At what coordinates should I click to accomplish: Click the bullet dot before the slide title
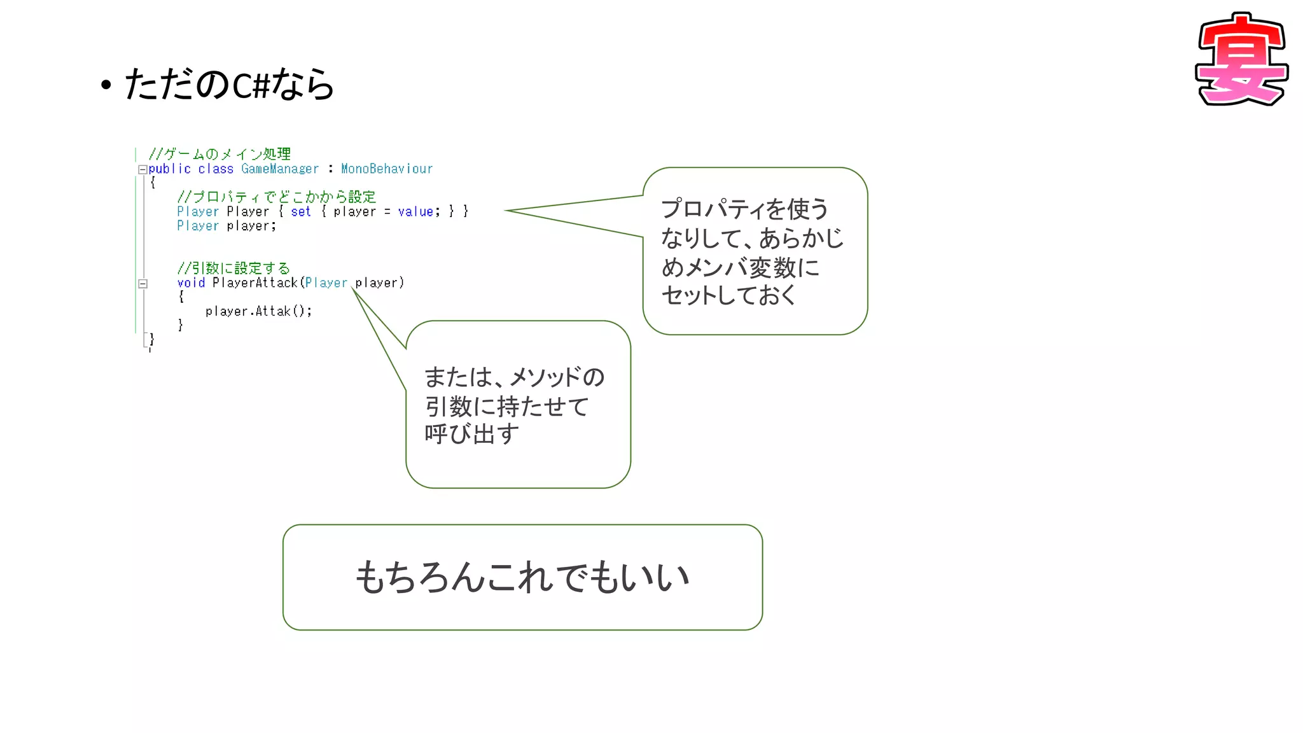click(x=106, y=85)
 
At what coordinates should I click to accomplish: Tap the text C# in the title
click(x=251, y=85)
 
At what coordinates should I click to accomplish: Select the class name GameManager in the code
click(x=280, y=169)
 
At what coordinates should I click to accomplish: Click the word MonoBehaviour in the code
click(x=387, y=169)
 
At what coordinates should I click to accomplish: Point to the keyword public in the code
click(x=170, y=169)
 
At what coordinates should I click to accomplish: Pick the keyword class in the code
click(x=216, y=169)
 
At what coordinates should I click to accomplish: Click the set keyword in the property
click(x=301, y=211)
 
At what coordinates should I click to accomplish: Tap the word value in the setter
click(x=415, y=211)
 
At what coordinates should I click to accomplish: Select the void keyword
click(x=191, y=283)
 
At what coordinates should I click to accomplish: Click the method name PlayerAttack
click(x=255, y=283)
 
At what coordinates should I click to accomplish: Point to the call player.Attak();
click(x=258, y=311)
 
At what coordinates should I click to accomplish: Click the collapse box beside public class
click(x=143, y=169)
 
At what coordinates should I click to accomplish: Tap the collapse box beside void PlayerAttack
click(x=143, y=284)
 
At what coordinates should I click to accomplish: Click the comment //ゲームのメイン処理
click(x=219, y=154)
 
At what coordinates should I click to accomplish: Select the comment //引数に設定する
click(x=233, y=268)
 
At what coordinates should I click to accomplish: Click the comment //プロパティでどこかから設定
click(x=277, y=197)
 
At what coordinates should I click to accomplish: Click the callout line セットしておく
click(x=728, y=295)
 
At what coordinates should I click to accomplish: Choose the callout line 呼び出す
click(x=471, y=434)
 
